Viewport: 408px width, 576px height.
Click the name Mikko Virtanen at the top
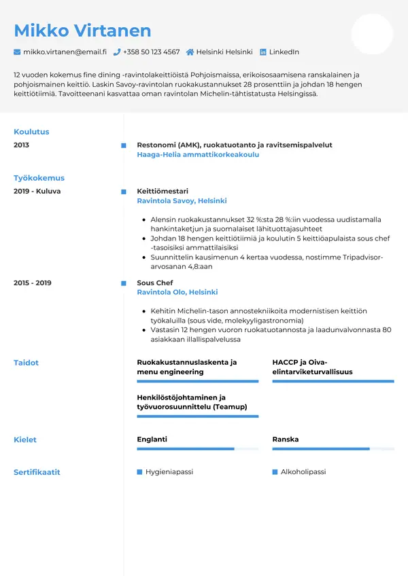[82, 31]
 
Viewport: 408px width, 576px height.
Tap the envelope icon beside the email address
[17, 52]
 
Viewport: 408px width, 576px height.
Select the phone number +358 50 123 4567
[151, 52]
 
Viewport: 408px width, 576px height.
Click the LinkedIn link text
[284, 52]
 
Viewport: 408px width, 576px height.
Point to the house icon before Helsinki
[190, 52]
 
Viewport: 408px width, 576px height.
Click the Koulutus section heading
[31, 132]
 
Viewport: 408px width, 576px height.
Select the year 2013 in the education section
[21, 145]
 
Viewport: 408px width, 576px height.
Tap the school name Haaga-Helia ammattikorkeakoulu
[198, 155]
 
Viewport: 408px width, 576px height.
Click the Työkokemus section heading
[39, 178]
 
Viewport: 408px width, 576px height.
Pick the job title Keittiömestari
[163, 191]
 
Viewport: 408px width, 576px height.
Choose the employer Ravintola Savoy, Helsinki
[182, 201]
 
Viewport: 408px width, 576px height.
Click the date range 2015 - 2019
[32, 283]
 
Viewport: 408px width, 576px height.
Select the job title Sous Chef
[155, 283]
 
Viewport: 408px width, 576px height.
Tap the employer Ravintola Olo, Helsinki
[177, 292]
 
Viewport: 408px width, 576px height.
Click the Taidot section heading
[26, 363]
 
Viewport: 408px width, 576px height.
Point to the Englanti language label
[152, 439]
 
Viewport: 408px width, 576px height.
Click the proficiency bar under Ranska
[333, 449]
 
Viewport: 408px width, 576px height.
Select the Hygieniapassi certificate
[169, 471]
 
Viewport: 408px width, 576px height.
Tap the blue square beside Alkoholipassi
[275, 471]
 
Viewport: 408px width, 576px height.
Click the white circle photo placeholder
[372, 34]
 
